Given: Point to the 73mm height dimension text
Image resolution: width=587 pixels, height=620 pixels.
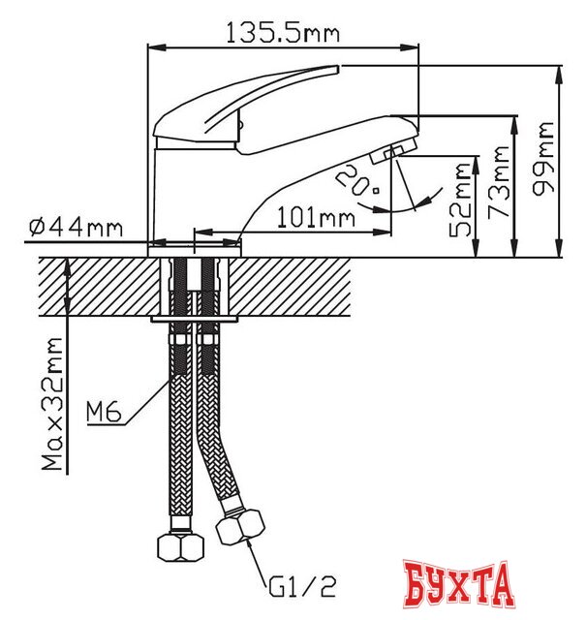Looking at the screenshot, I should point(500,181).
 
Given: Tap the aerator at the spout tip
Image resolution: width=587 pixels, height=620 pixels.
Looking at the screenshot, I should point(391,152).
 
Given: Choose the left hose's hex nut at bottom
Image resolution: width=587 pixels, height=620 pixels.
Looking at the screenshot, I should point(179,549).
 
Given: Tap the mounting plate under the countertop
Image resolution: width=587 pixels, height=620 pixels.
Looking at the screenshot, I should point(194,318).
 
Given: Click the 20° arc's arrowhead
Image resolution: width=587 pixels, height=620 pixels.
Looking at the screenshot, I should point(418,204).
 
